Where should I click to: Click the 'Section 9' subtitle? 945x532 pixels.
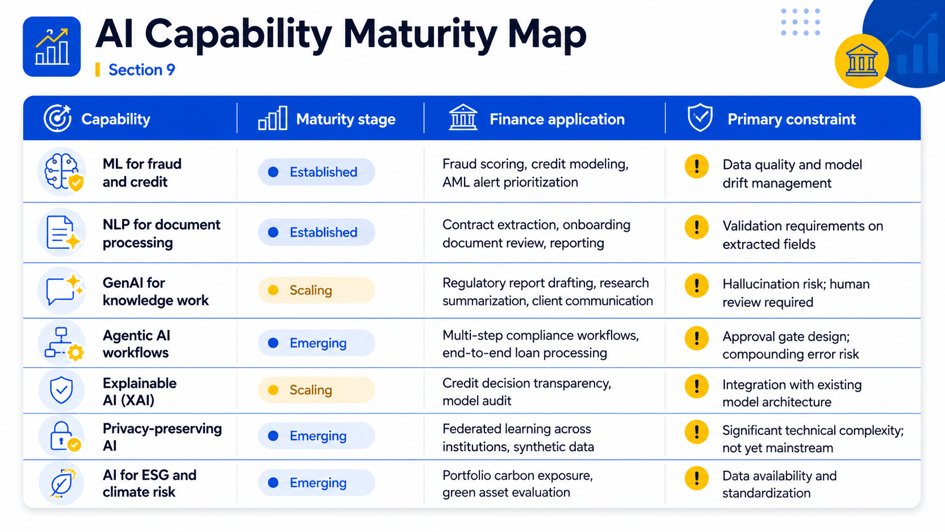[x=141, y=70]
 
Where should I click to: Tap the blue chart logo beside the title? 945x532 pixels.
[x=51, y=46]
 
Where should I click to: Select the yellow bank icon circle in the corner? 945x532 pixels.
[x=861, y=61]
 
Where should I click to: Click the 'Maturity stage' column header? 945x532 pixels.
[x=345, y=119]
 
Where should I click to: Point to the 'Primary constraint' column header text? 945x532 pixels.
[x=791, y=119]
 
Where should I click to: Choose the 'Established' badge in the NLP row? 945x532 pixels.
[x=317, y=232]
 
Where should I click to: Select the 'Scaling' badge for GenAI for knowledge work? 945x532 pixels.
[x=317, y=290]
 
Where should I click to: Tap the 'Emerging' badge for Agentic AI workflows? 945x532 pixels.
[x=317, y=343]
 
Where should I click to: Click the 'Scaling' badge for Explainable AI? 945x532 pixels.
[x=317, y=390]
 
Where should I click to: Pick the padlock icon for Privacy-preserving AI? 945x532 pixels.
[x=62, y=436]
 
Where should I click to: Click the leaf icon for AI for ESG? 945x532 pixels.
[x=62, y=483]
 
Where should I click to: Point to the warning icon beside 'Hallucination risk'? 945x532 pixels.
[x=696, y=286]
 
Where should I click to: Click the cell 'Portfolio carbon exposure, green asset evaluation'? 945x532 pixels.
[x=518, y=484]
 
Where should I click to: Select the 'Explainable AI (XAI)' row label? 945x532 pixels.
[x=140, y=392]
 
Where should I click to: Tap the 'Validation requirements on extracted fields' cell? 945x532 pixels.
[x=803, y=235]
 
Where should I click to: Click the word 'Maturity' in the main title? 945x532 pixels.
[x=422, y=34]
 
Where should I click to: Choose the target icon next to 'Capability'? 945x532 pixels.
[x=58, y=118]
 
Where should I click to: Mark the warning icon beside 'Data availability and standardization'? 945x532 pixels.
[x=696, y=478]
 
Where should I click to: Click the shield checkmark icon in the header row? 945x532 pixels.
[x=700, y=117]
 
